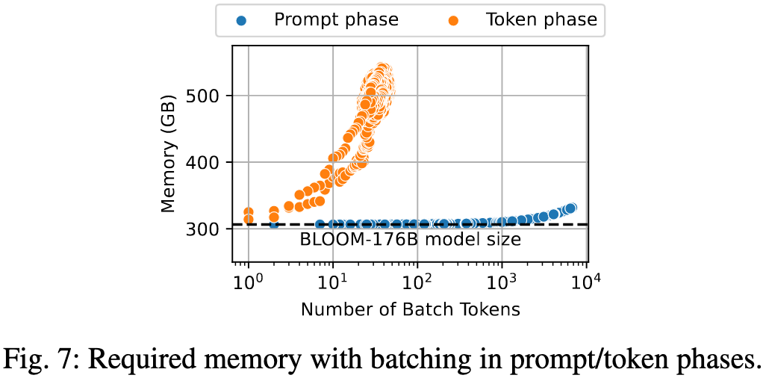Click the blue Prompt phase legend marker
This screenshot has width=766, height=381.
point(241,20)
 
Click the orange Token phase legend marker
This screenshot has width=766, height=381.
point(453,20)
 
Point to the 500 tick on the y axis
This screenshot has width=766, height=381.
point(211,96)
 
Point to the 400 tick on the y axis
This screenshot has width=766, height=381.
point(211,162)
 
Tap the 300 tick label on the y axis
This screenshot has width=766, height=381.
point(211,229)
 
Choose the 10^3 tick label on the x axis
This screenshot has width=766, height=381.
point(502,283)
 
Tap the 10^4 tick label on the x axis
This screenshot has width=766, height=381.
point(587,283)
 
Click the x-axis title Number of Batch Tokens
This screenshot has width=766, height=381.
point(410,309)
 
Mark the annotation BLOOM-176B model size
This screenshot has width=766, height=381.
point(410,240)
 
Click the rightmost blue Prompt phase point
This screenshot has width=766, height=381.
point(571,208)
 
